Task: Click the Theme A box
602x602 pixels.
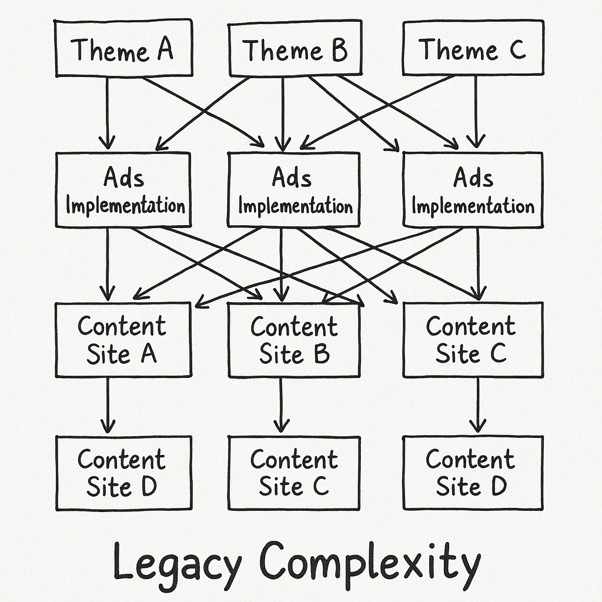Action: coord(123,48)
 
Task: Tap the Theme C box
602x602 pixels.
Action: coord(473,48)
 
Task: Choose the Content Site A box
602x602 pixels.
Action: coord(123,339)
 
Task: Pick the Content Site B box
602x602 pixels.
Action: coord(294,340)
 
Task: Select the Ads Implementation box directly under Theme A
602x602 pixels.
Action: coord(123,189)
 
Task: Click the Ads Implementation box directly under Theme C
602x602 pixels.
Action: coord(473,189)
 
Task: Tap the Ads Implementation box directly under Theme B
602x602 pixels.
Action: coord(293,189)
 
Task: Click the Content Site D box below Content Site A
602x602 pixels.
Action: coord(123,473)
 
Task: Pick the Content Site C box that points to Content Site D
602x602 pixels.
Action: coord(473,339)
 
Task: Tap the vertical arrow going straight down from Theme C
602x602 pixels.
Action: coord(476,112)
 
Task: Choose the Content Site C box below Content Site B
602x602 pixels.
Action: coord(294,473)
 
